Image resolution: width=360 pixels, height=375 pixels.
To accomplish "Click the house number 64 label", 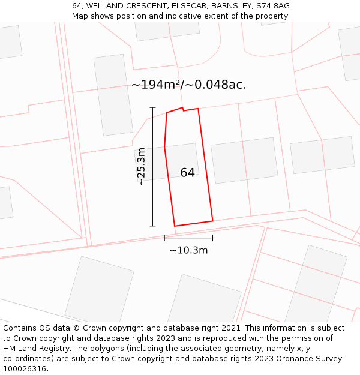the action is pos(187,173).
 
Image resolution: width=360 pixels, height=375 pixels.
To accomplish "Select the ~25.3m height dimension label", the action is pos(141,166).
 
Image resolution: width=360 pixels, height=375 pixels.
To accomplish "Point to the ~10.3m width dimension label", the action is pos(188,250).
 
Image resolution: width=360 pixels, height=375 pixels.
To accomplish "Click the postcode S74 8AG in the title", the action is pos(271,5).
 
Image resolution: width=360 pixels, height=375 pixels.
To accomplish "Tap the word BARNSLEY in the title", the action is pos(229,5).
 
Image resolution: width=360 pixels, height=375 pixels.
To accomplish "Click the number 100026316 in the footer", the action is pos(25,369).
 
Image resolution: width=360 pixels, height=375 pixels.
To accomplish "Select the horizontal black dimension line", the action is pos(188,238).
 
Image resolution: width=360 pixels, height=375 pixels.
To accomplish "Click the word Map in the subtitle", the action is pos(80,16).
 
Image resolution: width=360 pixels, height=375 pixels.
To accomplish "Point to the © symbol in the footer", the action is pos(76,328).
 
